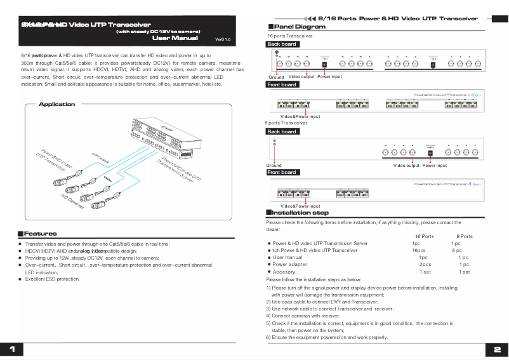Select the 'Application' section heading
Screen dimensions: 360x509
click(x=56, y=104)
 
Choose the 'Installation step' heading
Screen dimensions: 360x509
click(x=301, y=213)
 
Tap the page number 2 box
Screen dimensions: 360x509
click(x=497, y=350)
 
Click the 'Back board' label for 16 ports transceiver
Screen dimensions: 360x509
click(x=282, y=44)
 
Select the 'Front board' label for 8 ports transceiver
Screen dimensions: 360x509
click(x=282, y=172)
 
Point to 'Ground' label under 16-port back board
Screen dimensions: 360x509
click(x=276, y=77)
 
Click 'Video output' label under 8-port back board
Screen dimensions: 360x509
click(x=406, y=166)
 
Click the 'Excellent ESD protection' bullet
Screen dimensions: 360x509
click(x=53, y=279)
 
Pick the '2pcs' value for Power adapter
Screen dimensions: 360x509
click(x=425, y=265)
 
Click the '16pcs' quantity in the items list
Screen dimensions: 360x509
click(x=419, y=251)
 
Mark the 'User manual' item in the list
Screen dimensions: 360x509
click(x=288, y=258)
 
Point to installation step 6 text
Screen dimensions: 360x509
click(x=327, y=338)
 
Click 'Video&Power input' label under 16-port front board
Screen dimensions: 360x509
click(x=300, y=117)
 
